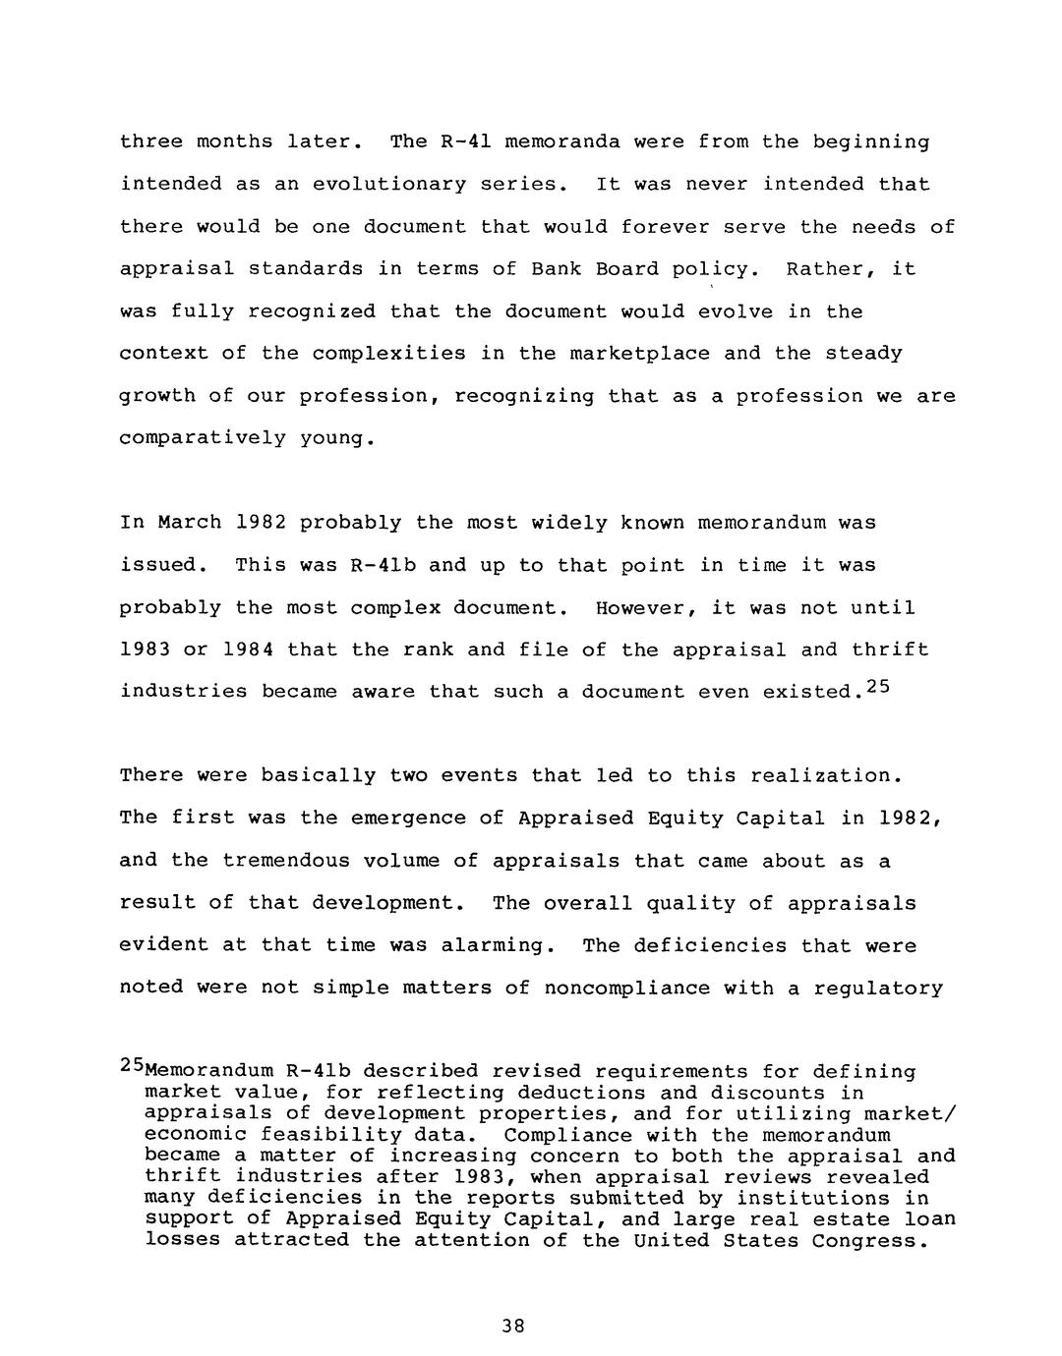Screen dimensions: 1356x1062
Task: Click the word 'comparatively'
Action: click(x=202, y=438)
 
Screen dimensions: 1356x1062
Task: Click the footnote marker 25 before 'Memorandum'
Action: click(x=131, y=1065)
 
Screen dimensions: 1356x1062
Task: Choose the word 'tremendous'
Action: click(x=285, y=861)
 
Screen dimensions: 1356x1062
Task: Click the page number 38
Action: click(x=512, y=1326)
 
